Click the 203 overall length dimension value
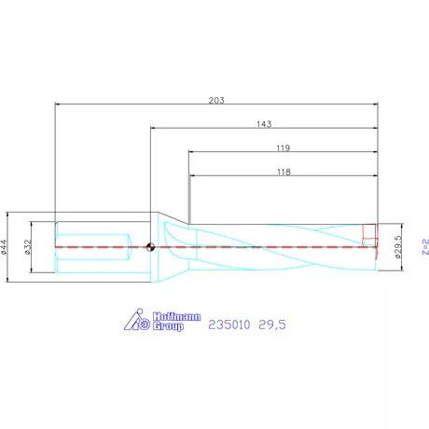tap(216, 100)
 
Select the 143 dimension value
tap(264, 124)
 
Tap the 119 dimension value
tap(284, 148)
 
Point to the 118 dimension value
tap(284, 172)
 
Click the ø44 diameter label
tap(4, 247)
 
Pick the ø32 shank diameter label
tap(28, 247)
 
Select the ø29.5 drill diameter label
tap(398, 247)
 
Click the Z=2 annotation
tap(425, 247)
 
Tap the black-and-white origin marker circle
tap(150, 247)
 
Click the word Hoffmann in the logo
tap(176, 317)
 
